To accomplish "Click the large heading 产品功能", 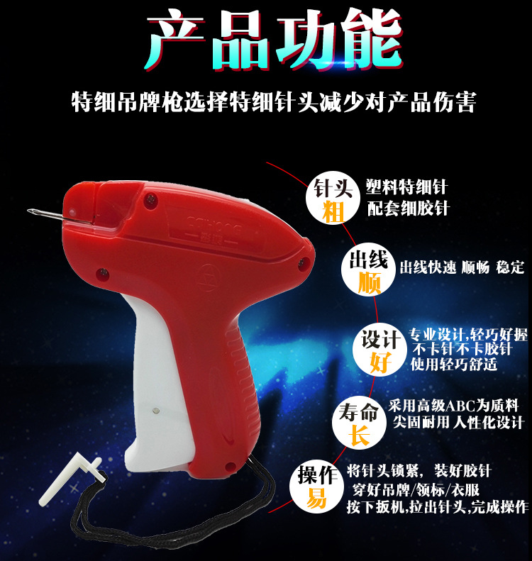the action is click(274, 39).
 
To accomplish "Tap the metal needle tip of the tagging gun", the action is click(28, 211).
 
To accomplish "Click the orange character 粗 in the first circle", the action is click(333, 212).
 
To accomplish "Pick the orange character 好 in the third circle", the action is click(381, 362).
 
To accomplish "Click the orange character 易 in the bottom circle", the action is click(316, 498).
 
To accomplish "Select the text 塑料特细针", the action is click(406, 187).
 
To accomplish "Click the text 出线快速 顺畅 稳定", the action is click(462, 267).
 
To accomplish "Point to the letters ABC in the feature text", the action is click(460, 406).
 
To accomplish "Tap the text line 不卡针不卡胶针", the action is click(462, 349).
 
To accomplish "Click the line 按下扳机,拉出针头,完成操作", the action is click(437, 507).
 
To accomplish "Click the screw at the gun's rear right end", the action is click(304, 262).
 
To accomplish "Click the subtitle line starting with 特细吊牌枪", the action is click(274, 102).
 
